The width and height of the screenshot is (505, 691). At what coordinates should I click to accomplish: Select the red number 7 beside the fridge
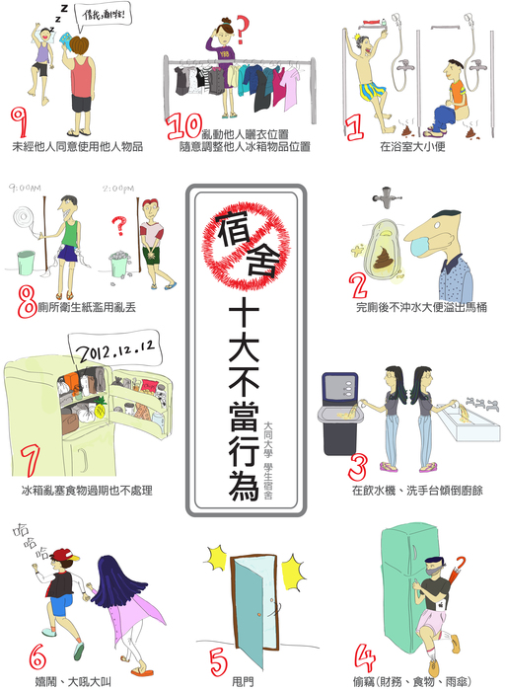point(29,461)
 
